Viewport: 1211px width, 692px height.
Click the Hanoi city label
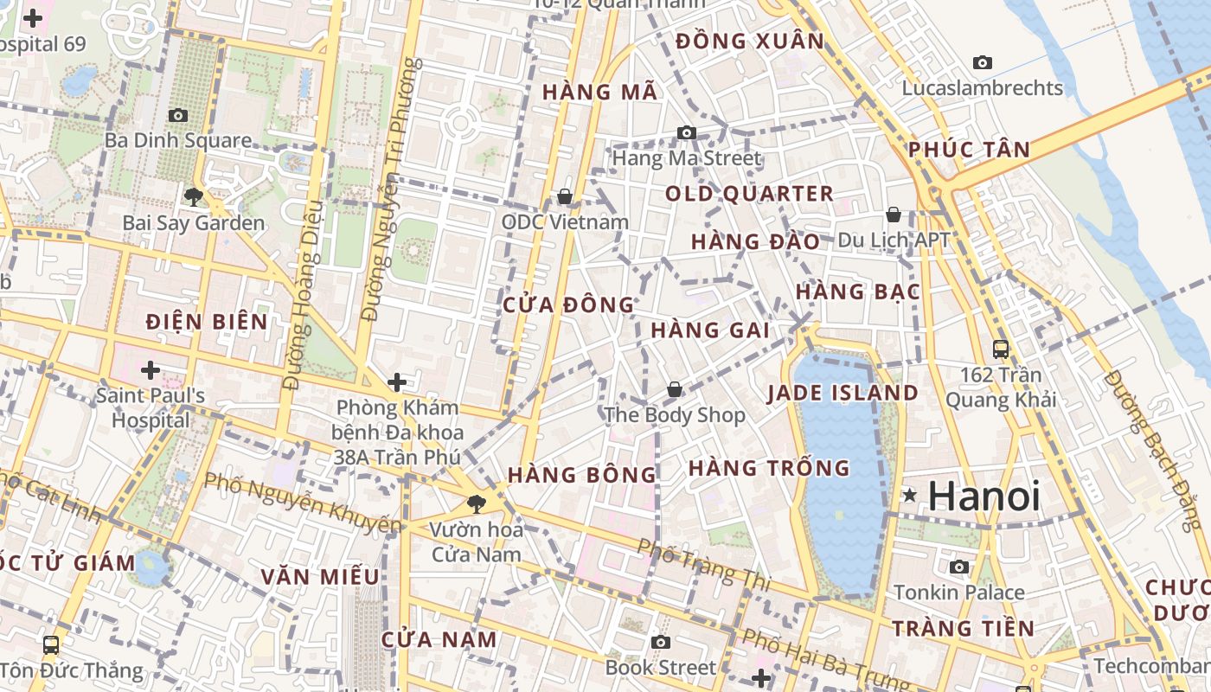tap(984, 497)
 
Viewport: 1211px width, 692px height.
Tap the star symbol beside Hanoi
tap(909, 496)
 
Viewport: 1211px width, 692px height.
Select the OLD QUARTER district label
tap(749, 194)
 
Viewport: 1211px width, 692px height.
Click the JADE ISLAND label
tap(843, 393)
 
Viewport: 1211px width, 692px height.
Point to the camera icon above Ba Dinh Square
tap(178, 115)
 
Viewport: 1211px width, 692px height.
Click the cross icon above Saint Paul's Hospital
tap(151, 370)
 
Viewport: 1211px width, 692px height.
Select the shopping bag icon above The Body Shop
tap(674, 390)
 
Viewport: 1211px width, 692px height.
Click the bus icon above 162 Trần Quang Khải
tap(1001, 349)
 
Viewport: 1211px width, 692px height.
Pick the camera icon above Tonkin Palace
tap(959, 567)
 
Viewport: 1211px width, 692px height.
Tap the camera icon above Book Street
tap(661, 642)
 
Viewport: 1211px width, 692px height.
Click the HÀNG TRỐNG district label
tap(769, 468)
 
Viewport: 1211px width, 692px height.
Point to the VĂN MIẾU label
tap(320, 576)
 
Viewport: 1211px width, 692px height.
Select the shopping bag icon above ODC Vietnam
tap(565, 197)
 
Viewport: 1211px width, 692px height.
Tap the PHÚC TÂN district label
tap(969, 150)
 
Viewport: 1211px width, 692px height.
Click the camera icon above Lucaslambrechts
tap(983, 62)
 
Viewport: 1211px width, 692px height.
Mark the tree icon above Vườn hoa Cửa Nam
tap(475, 503)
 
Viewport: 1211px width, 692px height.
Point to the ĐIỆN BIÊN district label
tap(207, 322)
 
